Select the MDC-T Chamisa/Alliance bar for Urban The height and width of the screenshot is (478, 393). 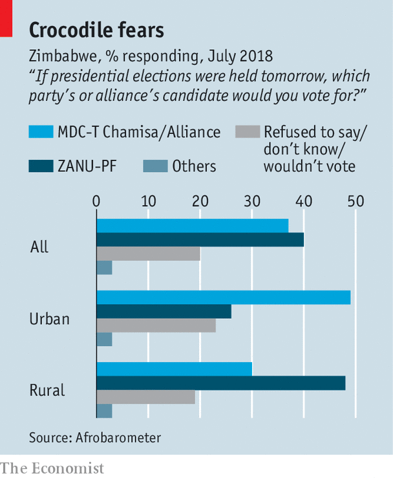(223, 298)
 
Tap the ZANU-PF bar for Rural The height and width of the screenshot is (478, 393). (220, 383)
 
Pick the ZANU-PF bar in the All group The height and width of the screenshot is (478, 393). (200, 240)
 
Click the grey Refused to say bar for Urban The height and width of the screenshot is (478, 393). (156, 325)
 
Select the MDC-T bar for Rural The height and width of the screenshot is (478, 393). (174, 369)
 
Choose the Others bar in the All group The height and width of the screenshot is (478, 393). (104, 267)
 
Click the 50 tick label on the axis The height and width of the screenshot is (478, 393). (355, 201)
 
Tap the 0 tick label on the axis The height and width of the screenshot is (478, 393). (96, 201)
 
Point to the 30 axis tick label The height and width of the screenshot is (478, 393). (251, 201)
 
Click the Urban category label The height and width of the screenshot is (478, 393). (50, 319)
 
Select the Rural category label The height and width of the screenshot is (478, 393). (47, 391)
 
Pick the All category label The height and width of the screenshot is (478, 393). (39, 247)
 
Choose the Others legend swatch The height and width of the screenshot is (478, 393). (154, 167)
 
